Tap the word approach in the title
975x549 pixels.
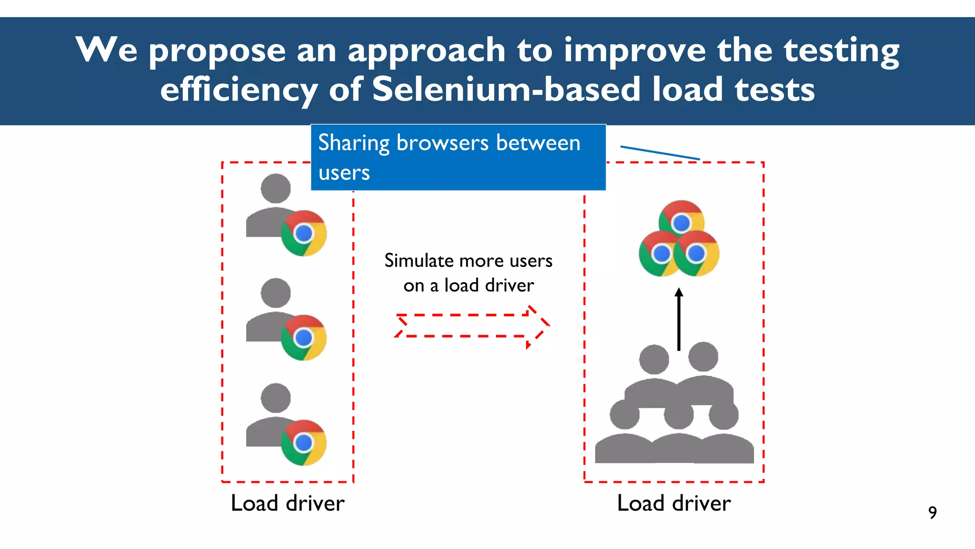pyautogui.click(x=426, y=51)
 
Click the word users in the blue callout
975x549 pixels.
pyautogui.click(x=344, y=173)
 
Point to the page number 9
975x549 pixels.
pyautogui.click(x=932, y=512)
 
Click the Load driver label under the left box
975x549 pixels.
pyautogui.click(x=288, y=503)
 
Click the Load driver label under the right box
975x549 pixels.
pyautogui.click(x=674, y=503)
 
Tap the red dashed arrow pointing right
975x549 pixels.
pyautogui.click(x=471, y=326)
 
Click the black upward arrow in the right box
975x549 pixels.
pyautogui.click(x=679, y=319)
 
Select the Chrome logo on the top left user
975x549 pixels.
pyautogui.click(x=304, y=233)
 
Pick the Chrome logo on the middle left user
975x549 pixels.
pyautogui.click(x=304, y=338)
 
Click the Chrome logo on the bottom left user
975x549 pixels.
pyautogui.click(x=304, y=443)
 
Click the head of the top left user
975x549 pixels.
pyautogui.click(x=276, y=188)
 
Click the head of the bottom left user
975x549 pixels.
pyautogui.click(x=276, y=398)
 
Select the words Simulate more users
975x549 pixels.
pyautogui.click(x=468, y=261)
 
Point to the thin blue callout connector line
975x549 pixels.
pyautogui.click(x=660, y=152)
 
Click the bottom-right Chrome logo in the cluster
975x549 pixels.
pyautogui.click(x=696, y=254)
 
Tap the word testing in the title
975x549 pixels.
pyautogui.click(x=841, y=51)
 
